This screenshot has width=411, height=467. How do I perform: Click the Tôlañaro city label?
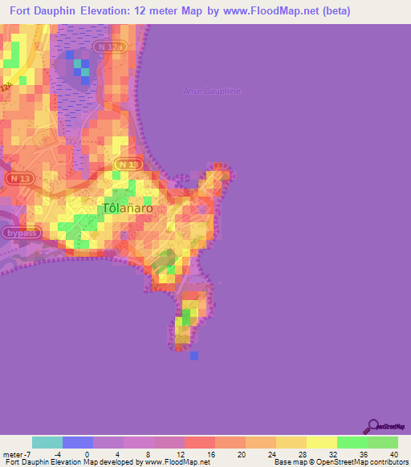click(127, 208)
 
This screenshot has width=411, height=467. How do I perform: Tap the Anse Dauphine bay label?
click(211, 91)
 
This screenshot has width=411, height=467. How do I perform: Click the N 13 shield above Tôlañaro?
click(128, 164)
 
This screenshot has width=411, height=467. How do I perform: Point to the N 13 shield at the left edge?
click(18, 177)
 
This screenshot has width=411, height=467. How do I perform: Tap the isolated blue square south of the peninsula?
click(194, 355)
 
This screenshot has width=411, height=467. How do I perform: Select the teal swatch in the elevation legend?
click(47, 442)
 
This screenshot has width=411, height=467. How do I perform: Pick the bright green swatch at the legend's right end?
click(382, 442)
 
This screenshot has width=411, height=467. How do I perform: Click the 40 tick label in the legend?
click(393, 453)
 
